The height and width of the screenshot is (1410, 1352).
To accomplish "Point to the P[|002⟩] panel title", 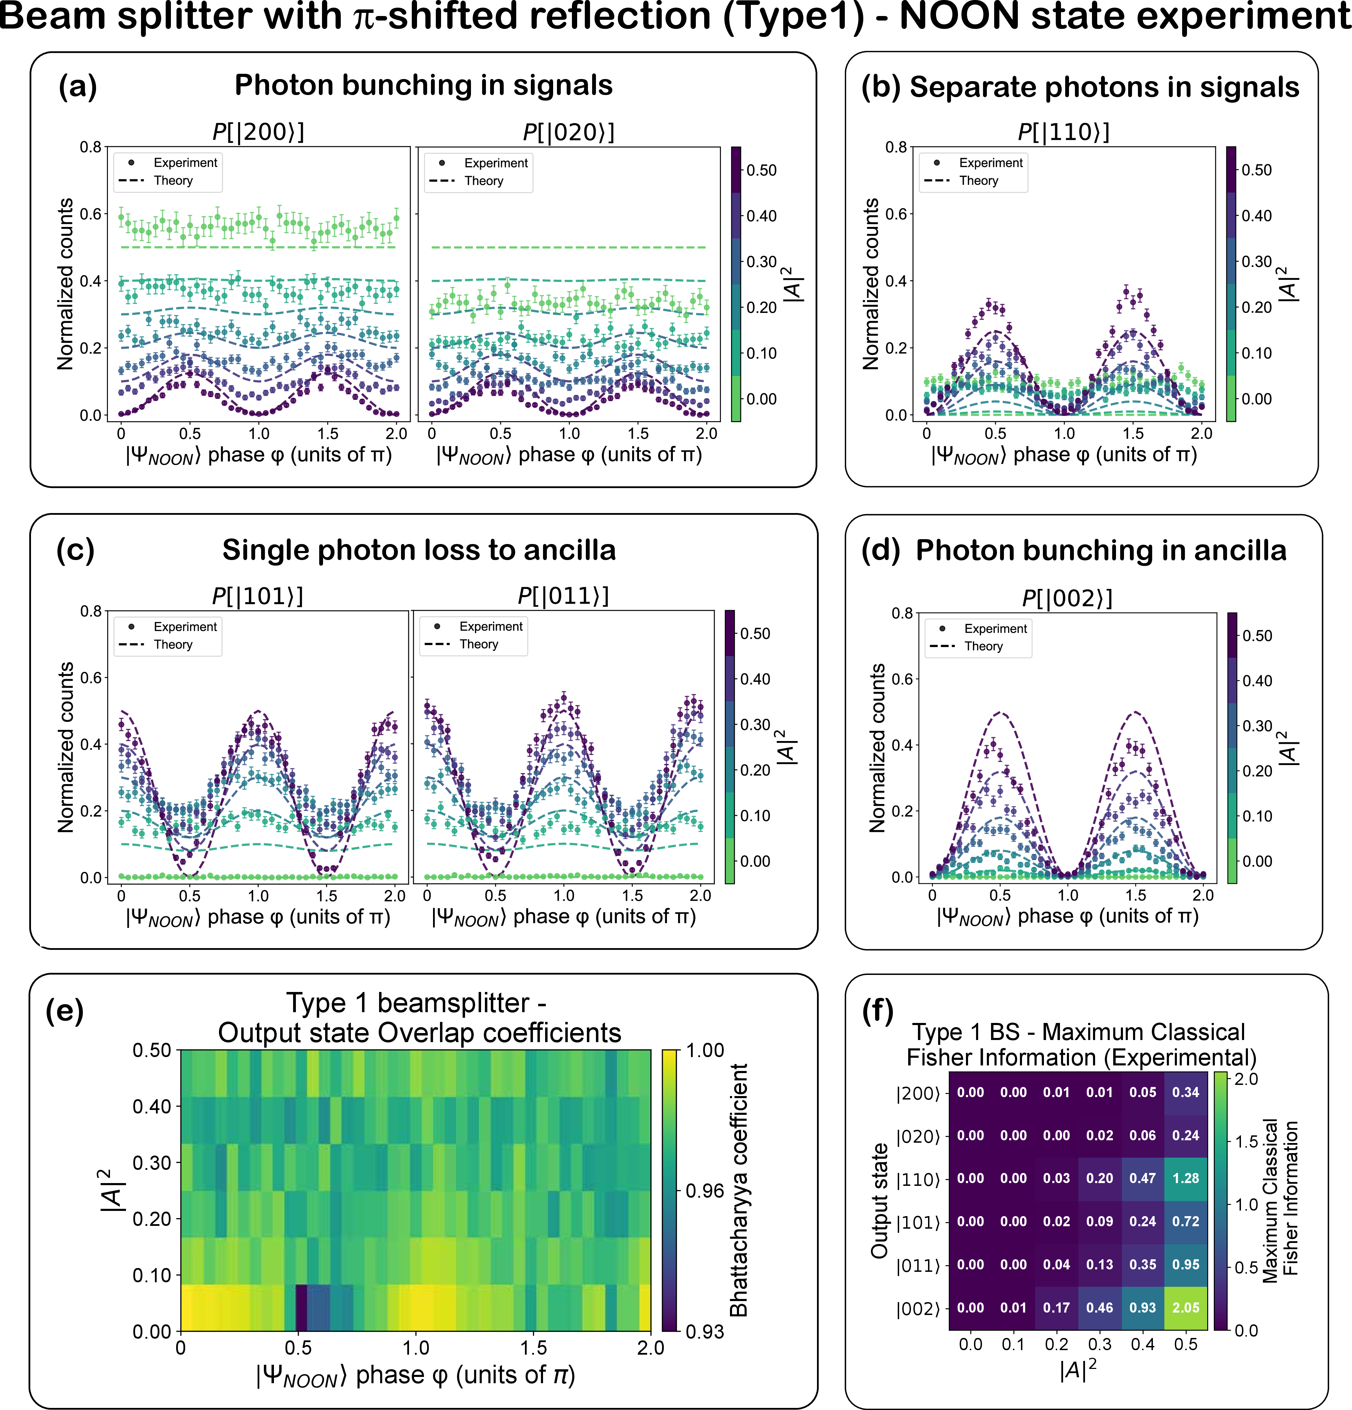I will point(1067,599).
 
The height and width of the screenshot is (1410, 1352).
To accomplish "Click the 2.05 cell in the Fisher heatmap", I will point(1186,1308).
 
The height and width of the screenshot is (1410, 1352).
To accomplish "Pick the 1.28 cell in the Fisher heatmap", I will point(1186,1178).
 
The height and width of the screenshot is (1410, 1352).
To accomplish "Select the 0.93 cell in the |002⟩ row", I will point(1142,1308).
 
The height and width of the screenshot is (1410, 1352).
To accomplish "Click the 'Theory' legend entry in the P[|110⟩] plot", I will point(978,181).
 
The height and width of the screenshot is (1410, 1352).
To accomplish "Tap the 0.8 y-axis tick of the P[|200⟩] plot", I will point(91,148).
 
